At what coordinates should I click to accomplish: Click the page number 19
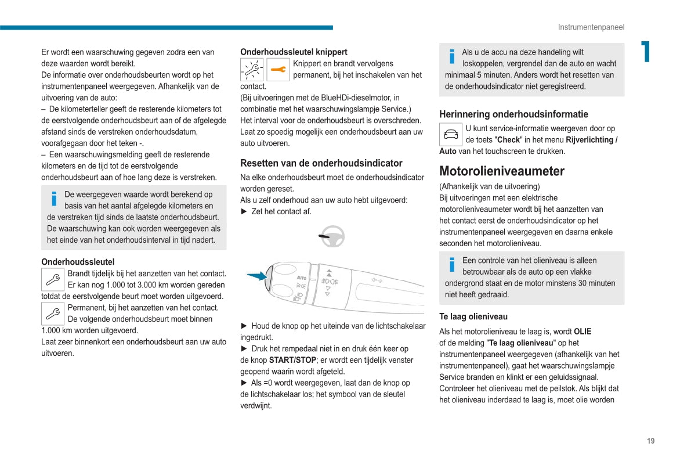tap(650, 441)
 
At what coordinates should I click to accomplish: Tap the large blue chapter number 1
tap(645, 52)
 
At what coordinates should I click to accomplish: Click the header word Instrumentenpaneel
tap(591, 27)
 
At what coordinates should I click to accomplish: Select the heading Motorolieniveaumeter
tap(502, 171)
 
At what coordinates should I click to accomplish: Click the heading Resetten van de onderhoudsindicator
tap(321, 163)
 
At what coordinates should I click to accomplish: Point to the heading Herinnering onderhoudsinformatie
tap(513, 114)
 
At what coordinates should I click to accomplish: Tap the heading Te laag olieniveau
tap(473, 316)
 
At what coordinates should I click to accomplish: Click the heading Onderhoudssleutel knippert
tap(294, 52)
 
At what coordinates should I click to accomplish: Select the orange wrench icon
tap(278, 70)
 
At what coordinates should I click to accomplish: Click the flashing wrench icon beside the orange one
tap(252, 70)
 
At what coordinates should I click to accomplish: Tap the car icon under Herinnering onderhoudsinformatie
tap(451, 135)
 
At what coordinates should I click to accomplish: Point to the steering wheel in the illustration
tap(333, 236)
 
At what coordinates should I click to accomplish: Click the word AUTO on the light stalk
tap(302, 278)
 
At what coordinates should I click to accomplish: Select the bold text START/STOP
tap(292, 360)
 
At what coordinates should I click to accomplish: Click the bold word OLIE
tap(583, 332)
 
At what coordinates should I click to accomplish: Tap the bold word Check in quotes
tap(509, 140)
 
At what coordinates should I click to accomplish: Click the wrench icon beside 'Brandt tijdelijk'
tap(53, 280)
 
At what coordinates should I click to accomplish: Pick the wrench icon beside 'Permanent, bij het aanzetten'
tap(53, 314)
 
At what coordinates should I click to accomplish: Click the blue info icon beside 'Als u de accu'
tap(452, 56)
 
